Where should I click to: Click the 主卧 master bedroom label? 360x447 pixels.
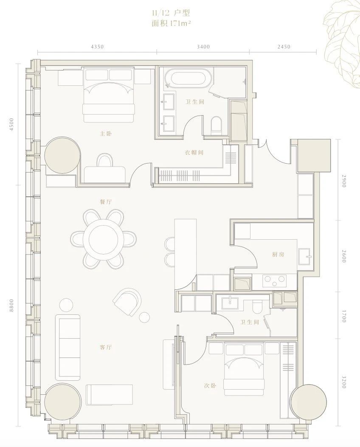click(105, 133)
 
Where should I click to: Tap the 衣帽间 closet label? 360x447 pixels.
click(194, 153)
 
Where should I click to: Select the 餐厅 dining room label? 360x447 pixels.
click(106, 202)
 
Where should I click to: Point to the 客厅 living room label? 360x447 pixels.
click(106, 347)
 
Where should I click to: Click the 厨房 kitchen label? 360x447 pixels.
click(278, 255)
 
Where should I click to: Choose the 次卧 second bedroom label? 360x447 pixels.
click(210, 386)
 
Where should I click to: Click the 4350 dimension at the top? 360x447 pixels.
click(97, 47)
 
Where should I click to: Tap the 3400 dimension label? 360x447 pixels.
click(203, 47)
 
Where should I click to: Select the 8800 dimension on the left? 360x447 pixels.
click(11, 306)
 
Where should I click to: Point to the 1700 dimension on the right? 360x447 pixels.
click(344, 316)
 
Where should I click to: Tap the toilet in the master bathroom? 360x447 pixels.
click(217, 125)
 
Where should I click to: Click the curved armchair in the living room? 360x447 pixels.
click(127, 302)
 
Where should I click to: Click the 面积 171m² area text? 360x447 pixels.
click(171, 23)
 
